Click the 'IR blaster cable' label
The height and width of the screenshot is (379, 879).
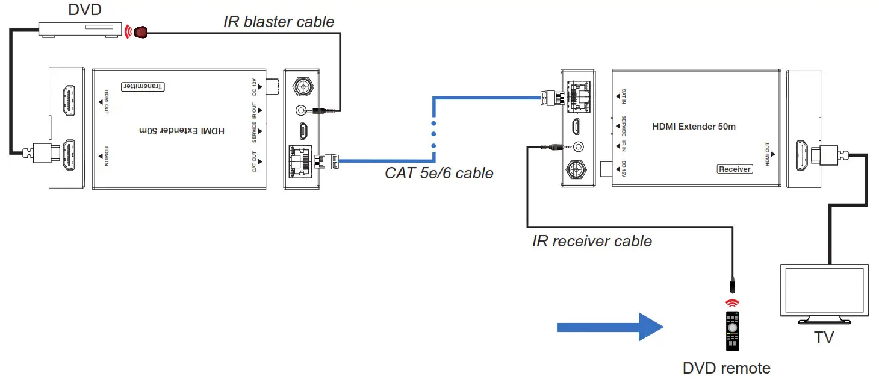[278, 22]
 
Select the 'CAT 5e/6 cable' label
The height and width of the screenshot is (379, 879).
[439, 174]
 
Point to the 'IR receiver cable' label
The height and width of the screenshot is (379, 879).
[592, 242]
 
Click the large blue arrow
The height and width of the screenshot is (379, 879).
[609, 327]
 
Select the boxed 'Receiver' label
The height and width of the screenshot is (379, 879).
[735, 169]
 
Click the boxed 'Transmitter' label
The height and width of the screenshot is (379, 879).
[143, 87]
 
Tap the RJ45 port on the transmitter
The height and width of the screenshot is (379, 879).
[301, 161]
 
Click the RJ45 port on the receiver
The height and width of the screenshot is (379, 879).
[578, 95]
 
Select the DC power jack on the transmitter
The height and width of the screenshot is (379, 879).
[301, 86]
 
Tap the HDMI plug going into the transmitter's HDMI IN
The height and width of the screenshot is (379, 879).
[41, 154]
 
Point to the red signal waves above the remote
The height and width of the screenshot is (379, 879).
[731, 302]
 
